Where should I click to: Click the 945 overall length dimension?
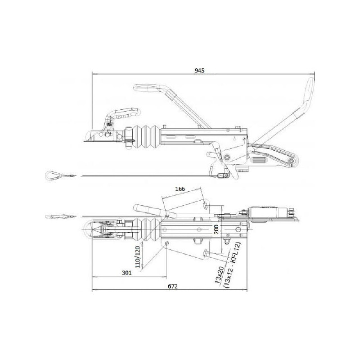pyautogui.click(x=199, y=71)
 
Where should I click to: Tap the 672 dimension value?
pyautogui.click(x=173, y=286)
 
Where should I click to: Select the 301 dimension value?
pyautogui.click(x=126, y=273)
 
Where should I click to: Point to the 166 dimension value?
pyautogui.click(x=180, y=189)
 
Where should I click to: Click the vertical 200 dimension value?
pyautogui.click(x=216, y=229)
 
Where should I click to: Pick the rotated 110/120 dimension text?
pyautogui.click(x=138, y=257)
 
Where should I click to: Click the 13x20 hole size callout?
pyautogui.click(x=220, y=275)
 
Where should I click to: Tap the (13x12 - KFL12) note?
pyautogui.click(x=233, y=265)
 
